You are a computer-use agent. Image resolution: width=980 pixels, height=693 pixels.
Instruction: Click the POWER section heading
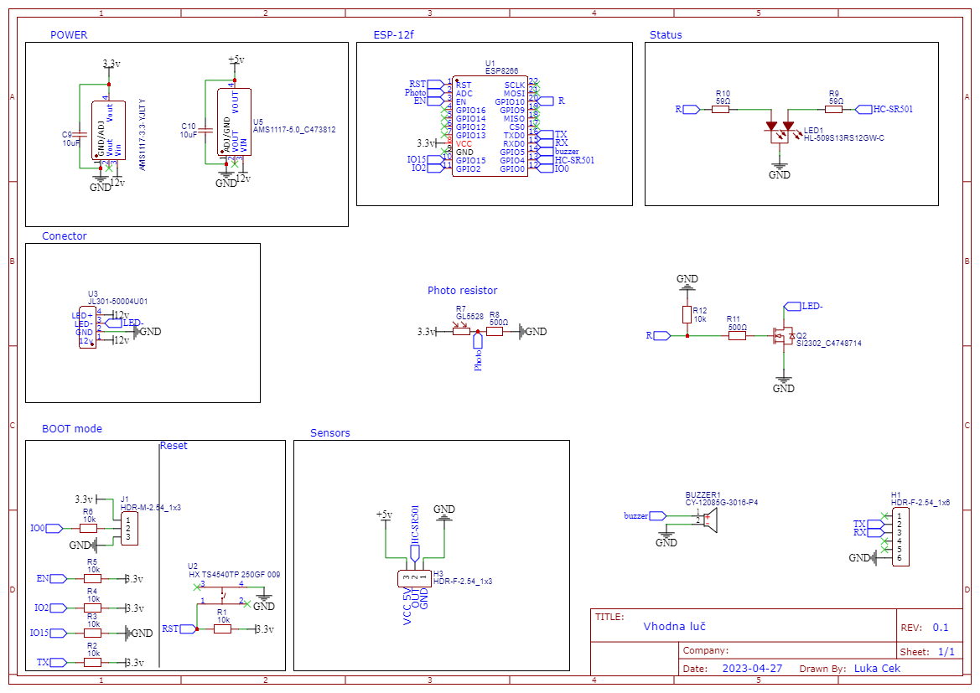tap(69, 35)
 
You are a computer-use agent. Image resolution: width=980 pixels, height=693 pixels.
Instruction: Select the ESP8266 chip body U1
tap(490, 127)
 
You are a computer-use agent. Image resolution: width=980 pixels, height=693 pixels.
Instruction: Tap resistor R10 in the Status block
tap(721, 109)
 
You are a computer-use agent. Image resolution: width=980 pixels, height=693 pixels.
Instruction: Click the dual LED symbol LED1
tap(780, 131)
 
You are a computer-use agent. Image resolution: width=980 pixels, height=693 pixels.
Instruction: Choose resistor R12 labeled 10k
tap(687, 314)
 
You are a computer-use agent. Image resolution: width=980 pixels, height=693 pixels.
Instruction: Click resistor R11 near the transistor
tap(737, 336)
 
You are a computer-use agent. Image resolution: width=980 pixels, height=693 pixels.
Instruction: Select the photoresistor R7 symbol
tap(462, 331)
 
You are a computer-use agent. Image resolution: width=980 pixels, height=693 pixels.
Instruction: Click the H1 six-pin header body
tap(900, 537)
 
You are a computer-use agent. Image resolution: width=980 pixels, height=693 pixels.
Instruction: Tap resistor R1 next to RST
tap(222, 628)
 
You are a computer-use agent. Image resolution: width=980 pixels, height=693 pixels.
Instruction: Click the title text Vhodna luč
tap(676, 626)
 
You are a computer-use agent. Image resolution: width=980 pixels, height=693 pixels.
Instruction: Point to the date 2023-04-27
tap(752, 669)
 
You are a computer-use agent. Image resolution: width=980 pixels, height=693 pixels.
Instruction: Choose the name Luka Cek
tap(878, 669)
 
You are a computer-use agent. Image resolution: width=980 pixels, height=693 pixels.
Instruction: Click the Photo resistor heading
tap(462, 291)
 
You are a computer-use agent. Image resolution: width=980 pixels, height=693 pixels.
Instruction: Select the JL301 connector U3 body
tap(88, 328)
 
